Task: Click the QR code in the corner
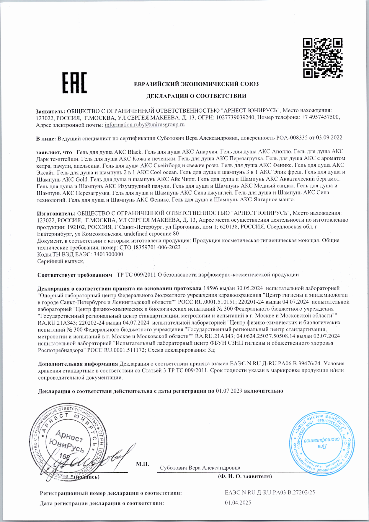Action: (x=323, y=58)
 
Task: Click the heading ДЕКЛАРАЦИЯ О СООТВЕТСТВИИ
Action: (x=196, y=96)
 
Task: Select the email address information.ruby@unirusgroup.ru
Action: (x=145, y=125)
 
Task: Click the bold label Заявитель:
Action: (x=50, y=111)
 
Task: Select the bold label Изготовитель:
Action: (x=56, y=213)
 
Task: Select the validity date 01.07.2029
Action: (x=229, y=391)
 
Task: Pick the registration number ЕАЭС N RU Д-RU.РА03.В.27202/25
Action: (x=270, y=493)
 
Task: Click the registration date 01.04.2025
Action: (x=238, y=503)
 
